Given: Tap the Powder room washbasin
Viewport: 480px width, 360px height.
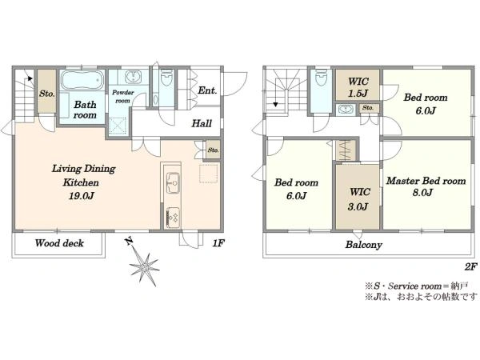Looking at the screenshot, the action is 133,77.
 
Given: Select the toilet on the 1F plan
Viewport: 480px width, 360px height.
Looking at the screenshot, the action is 167,78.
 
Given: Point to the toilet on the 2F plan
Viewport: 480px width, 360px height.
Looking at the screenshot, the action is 321,78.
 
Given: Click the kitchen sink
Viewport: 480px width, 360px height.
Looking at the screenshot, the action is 173,182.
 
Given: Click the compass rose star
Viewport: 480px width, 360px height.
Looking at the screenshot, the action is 145,269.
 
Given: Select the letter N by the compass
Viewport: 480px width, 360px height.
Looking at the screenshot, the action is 129,242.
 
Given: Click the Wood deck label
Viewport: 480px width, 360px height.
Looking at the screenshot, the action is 59,243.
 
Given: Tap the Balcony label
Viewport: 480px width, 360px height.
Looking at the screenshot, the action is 364,245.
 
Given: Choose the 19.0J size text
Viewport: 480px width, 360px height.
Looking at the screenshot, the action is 81,196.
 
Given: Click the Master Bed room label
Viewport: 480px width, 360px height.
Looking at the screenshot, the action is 426,181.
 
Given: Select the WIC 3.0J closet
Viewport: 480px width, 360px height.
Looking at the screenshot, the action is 358,197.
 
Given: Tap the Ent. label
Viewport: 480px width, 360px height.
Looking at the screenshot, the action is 207,90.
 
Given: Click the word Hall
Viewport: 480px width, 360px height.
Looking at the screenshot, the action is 202,123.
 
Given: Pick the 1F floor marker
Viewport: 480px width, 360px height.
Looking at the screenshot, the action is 218,243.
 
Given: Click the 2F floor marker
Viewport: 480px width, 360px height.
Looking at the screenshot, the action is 470,266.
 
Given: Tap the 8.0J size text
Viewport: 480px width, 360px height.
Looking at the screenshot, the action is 422,193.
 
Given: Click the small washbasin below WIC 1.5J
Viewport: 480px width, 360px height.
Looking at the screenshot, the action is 346,110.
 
